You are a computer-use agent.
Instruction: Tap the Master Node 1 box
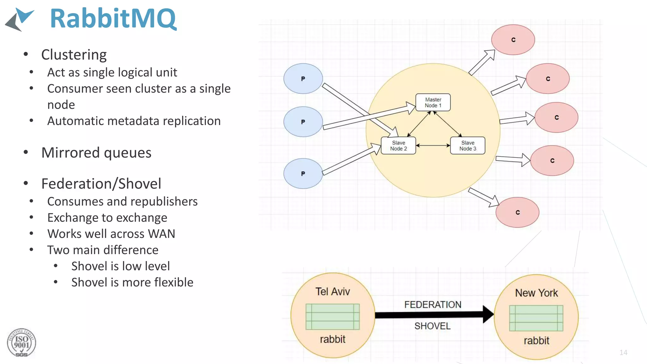click(x=433, y=102)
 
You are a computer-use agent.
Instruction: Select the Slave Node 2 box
click(x=398, y=146)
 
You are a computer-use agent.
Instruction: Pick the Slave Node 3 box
click(x=468, y=146)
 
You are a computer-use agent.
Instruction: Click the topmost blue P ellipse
click(x=303, y=79)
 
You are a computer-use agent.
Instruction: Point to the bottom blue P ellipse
click(x=303, y=173)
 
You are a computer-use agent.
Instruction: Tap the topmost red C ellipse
click(x=513, y=40)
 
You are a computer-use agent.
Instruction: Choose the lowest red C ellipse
click(x=517, y=212)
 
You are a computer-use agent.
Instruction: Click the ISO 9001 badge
click(x=21, y=343)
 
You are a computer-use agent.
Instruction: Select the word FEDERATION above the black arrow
click(x=432, y=305)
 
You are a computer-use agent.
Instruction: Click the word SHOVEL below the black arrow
click(x=432, y=326)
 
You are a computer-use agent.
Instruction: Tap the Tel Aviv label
click(x=332, y=291)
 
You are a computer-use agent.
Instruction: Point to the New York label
click(x=536, y=293)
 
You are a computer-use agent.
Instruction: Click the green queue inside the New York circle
click(x=536, y=318)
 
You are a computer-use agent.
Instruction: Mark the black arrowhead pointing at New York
click(x=488, y=314)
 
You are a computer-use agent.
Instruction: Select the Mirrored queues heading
click(x=96, y=153)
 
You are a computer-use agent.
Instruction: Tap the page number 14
click(x=623, y=352)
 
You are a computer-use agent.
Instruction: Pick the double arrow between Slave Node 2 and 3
click(x=433, y=145)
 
